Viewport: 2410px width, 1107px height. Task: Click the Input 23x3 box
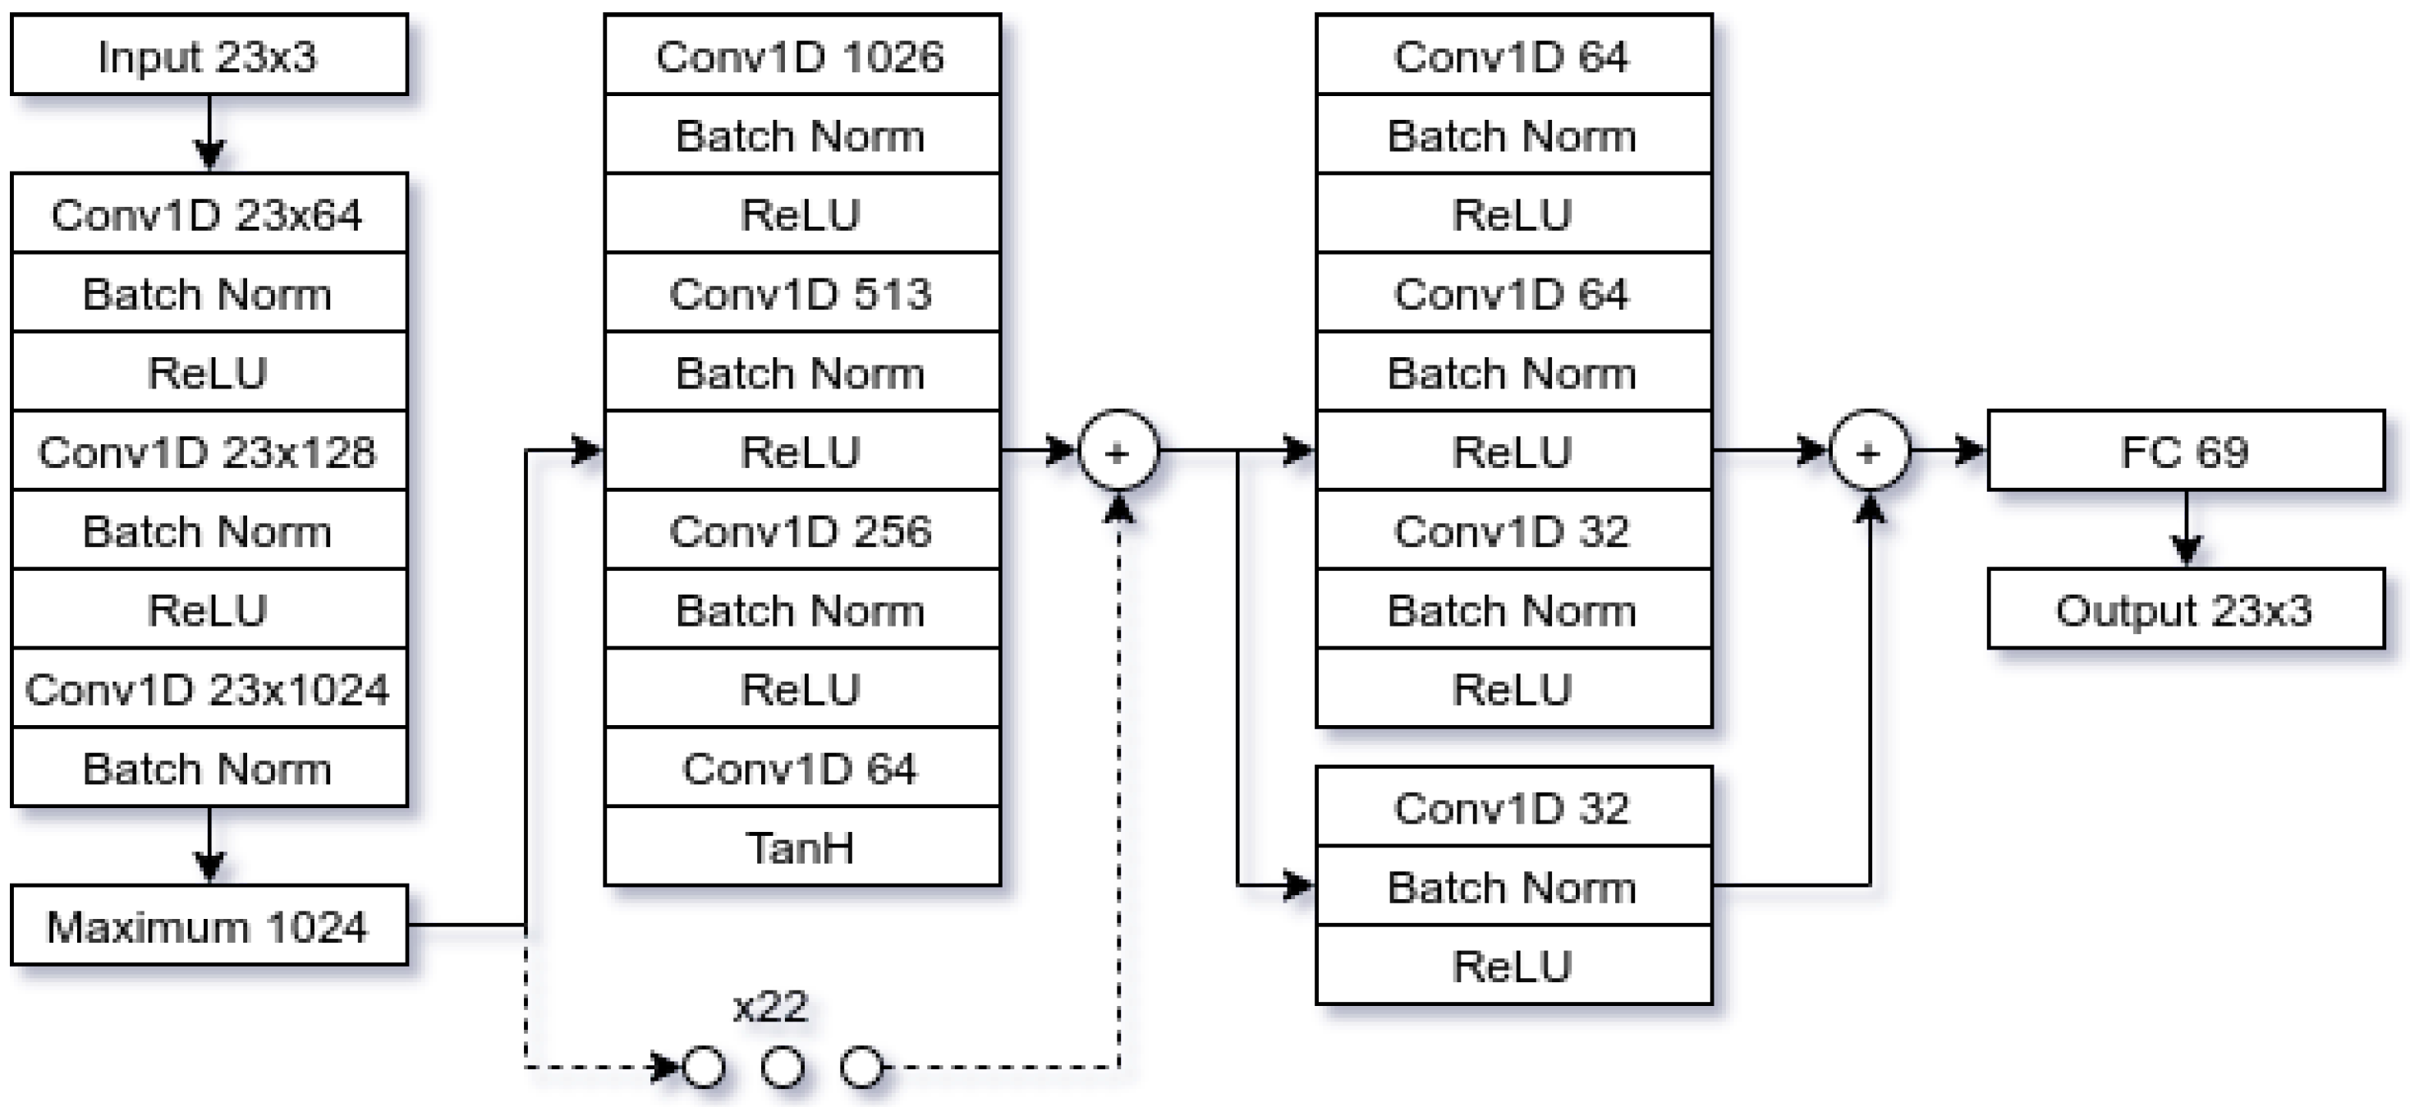click(x=209, y=55)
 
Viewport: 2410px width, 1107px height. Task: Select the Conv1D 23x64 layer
click(x=209, y=214)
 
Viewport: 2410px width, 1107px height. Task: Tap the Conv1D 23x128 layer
click(x=209, y=452)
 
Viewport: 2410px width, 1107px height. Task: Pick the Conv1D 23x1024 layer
click(x=209, y=689)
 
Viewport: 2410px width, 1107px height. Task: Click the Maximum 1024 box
click(x=209, y=926)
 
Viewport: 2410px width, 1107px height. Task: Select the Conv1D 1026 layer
click(x=801, y=55)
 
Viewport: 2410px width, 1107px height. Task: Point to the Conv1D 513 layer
click(x=801, y=293)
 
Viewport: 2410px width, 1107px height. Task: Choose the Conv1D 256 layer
click(x=801, y=531)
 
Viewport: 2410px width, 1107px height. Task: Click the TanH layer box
click(x=801, y=847)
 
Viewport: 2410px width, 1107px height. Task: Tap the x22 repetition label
click(x=770, y=1007)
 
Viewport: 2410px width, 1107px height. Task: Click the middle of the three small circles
click(x=783, y=1067)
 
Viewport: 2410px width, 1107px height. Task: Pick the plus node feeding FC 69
click(x=1868, y=452)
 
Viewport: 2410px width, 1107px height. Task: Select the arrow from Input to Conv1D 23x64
click(x=209, y=132)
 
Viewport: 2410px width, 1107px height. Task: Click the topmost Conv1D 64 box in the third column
click(x=1513, y=55)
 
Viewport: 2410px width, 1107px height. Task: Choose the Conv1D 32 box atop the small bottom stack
click(x=1513, y=806)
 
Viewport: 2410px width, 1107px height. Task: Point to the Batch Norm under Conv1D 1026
click(x=801, y=135)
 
